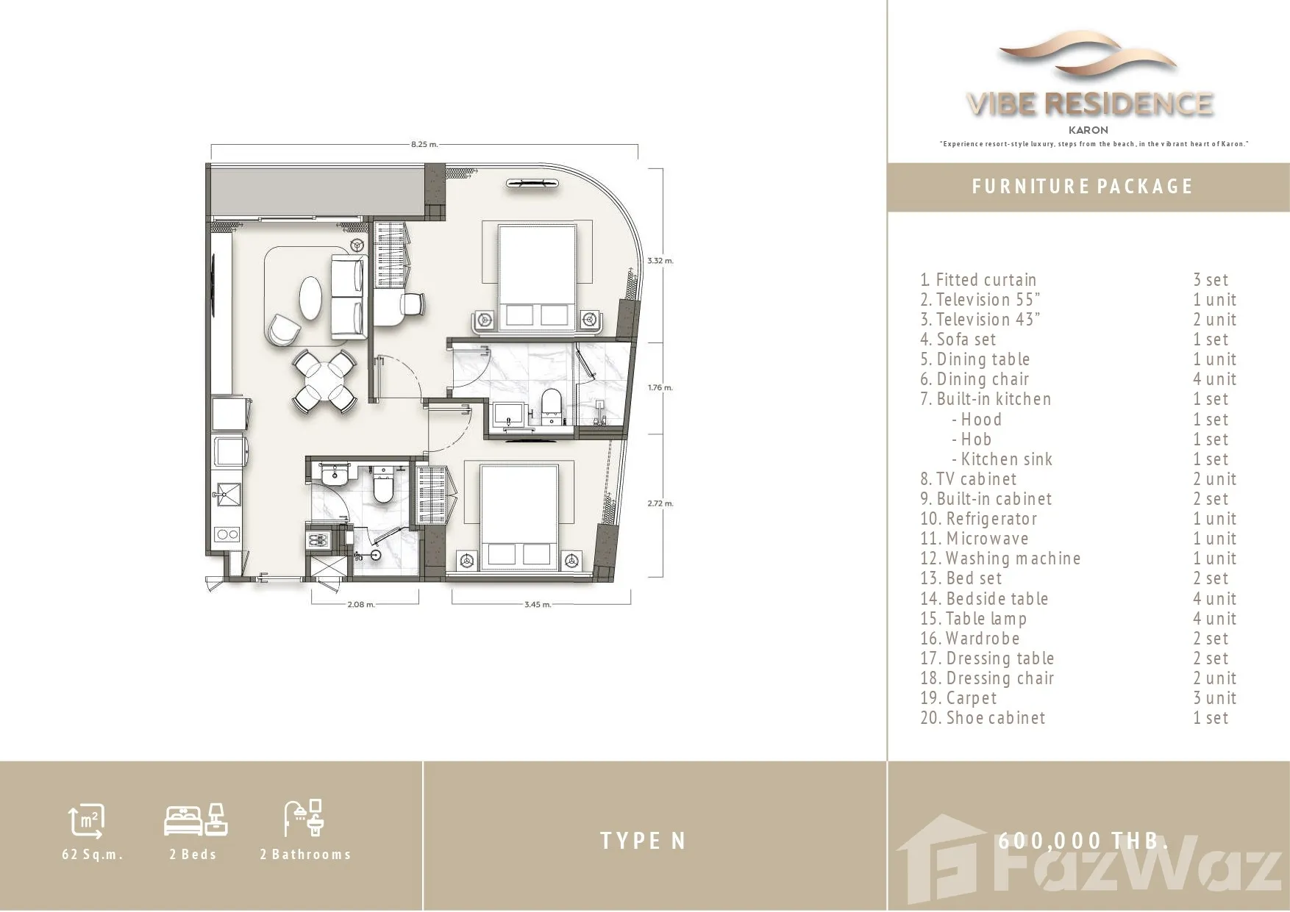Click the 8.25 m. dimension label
424,145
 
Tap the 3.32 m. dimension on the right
660,261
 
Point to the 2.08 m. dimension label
361,605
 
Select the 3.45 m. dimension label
538,605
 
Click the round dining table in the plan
324,381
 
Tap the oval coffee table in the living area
310,298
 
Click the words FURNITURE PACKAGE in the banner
1082,187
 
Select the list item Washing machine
1000,559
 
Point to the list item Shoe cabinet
983,718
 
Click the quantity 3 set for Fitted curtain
1211,280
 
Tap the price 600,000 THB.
1083,841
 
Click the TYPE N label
643,841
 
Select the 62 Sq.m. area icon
87,820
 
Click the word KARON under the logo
1088,130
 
